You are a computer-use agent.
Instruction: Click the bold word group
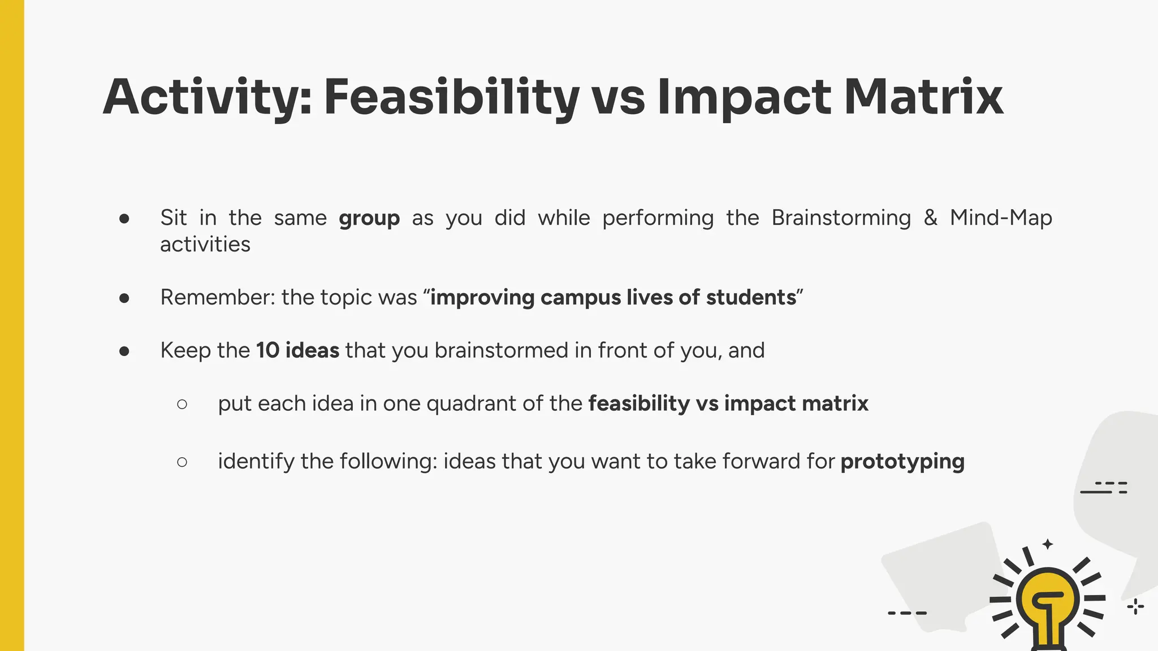pos(369,218)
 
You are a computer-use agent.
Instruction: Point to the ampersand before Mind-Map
pos(930,218)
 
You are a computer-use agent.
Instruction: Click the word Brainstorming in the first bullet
pos(841,218)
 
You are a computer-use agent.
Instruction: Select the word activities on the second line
pos(205,245)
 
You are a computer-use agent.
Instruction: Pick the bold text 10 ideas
pos(297,350)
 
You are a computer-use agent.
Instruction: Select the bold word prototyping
pos(902,462)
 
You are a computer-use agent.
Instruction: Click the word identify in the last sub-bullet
pos(256,462)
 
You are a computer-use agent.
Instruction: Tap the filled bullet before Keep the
pos(124,351)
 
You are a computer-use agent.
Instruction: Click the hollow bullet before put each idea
pos(182,404)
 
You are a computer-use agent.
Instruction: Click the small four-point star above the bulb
pos(1048,544)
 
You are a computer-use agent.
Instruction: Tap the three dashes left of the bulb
pos(907,613)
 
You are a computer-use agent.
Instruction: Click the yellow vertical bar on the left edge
pos(12,325)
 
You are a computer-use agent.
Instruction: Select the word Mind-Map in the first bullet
pos(1001,218)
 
